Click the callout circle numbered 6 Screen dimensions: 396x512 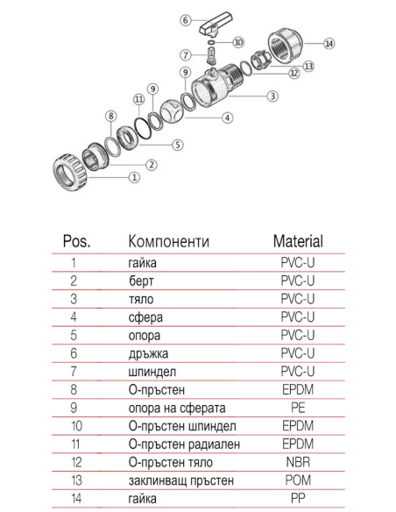[x=185, y=19]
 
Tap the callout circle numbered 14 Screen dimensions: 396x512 [x=329, y=43]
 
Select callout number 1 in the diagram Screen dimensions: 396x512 [x=134, y=178]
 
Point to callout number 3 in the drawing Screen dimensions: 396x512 [x=272, y=96]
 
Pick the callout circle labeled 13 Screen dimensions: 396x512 [x=308, y=66]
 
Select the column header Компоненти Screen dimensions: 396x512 [x=169, y=240]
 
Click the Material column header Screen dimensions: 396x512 [x=298, y=240]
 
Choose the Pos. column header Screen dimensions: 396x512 [x=77, y=240]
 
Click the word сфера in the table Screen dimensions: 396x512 [x=145, y=316]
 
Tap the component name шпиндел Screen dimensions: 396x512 [x=156, y=371]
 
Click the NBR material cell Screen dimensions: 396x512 [x=298, y=462]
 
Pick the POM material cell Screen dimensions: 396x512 [x=298, y=480]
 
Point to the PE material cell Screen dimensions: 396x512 [x=298, y=408]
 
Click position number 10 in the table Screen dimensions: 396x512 [x=75, y=426]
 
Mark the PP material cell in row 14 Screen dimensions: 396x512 [x=298, y=499]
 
